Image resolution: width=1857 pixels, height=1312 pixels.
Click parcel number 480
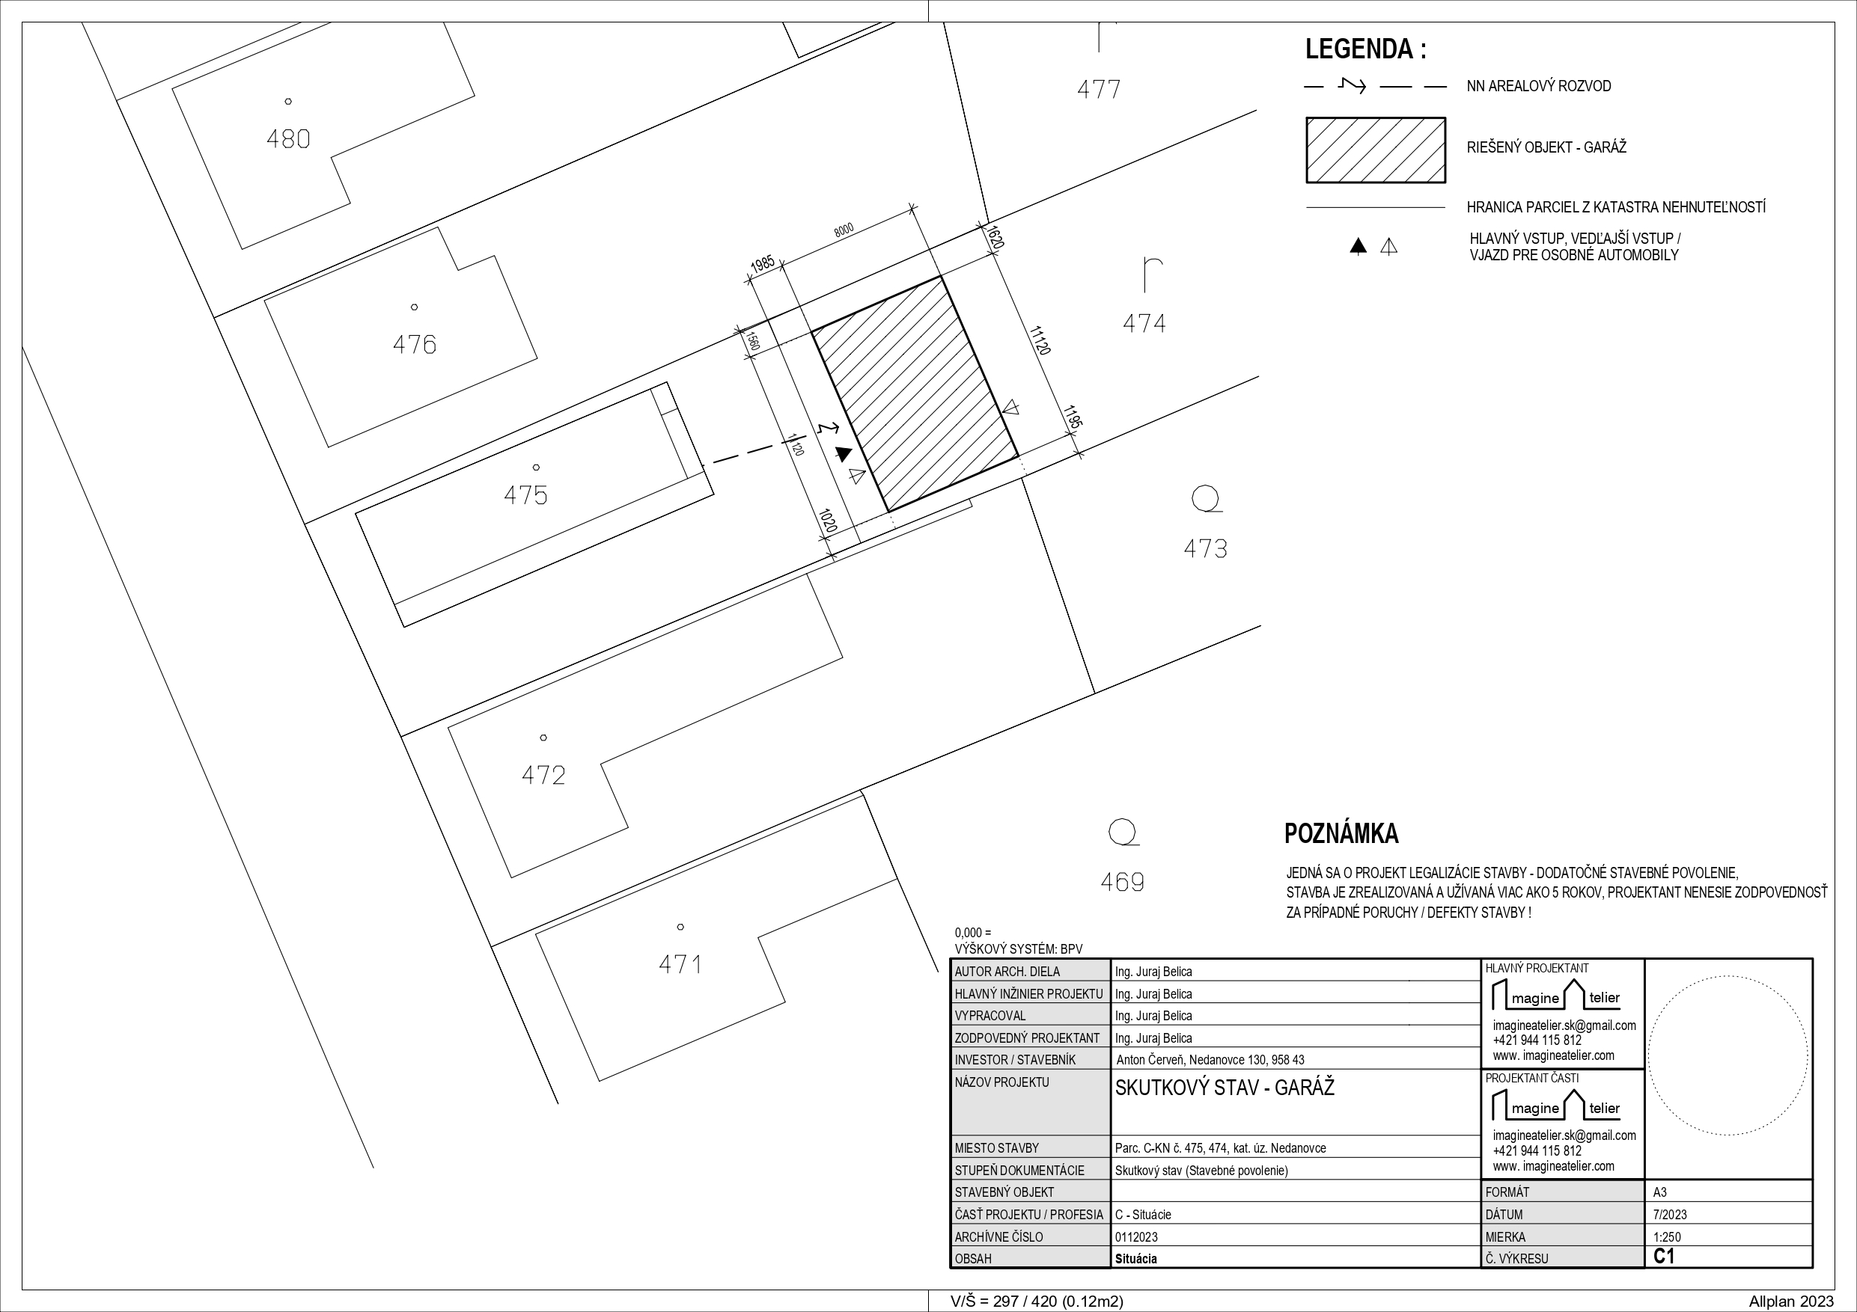tap(288, 140)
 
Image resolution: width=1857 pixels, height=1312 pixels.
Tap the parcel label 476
tap(414, 345)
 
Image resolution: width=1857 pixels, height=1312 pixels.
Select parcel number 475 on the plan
tap(525, 494)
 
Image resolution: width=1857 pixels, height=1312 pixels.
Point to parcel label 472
tap(543, 776)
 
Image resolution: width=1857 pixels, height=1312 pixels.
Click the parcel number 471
tap(680, 964)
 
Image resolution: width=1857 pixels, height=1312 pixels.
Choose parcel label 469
tap(1123, 882)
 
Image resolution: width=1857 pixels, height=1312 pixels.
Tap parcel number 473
tap(1205, 550)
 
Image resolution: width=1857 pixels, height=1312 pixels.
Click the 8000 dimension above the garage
tap(844, 230)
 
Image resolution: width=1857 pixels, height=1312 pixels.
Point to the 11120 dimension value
tap(1040, 340)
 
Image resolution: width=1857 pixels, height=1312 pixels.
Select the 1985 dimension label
tap(763, 264)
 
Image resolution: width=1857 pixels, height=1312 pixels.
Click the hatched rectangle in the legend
tap(1376, 150)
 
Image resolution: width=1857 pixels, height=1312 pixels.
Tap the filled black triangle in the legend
tap(1358, 247)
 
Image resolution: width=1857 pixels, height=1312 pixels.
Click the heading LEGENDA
tap(1366, 49)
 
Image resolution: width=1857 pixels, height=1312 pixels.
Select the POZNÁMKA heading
tap(1342, 833)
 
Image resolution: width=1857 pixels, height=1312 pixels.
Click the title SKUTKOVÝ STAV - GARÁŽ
tap(1225, 1088)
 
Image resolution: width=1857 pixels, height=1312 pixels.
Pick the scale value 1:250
tap(1667, 1236)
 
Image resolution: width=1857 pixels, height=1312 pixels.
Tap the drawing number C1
tap(1664, 1256)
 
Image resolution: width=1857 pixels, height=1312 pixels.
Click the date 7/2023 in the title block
tap(1670, 1215)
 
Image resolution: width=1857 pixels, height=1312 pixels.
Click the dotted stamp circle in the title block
tap(1728, 975)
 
